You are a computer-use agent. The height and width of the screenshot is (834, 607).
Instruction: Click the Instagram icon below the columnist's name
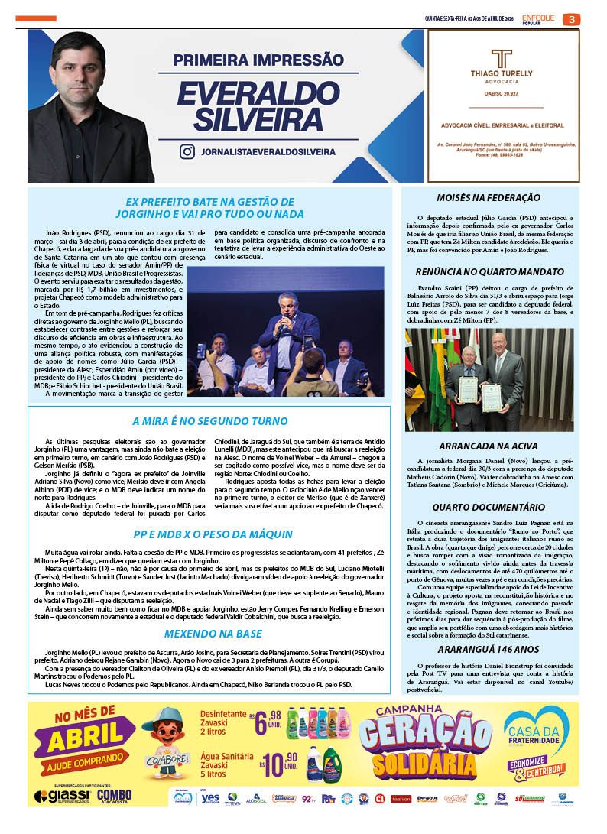pyautogui.click(x=187, y=151)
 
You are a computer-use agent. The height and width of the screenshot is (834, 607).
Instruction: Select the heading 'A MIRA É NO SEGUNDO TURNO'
pyautogui.click(x=209, y=420)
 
